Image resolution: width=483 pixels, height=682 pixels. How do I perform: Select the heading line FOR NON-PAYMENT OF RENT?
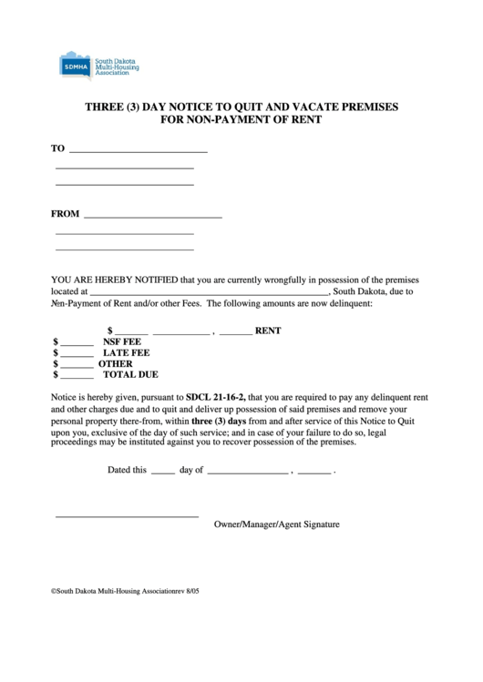click(x=241, y=119)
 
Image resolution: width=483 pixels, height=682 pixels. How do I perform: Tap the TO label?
click(x=58, y=148)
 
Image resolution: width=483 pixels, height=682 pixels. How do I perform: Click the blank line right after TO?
click(x=139, y=150)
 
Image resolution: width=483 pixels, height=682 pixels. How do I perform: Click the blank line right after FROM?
click(x=153, y=217)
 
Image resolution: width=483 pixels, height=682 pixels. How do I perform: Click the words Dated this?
click(x=127, y=471)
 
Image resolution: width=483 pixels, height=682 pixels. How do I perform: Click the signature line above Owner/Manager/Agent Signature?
click(x=127, y=517)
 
